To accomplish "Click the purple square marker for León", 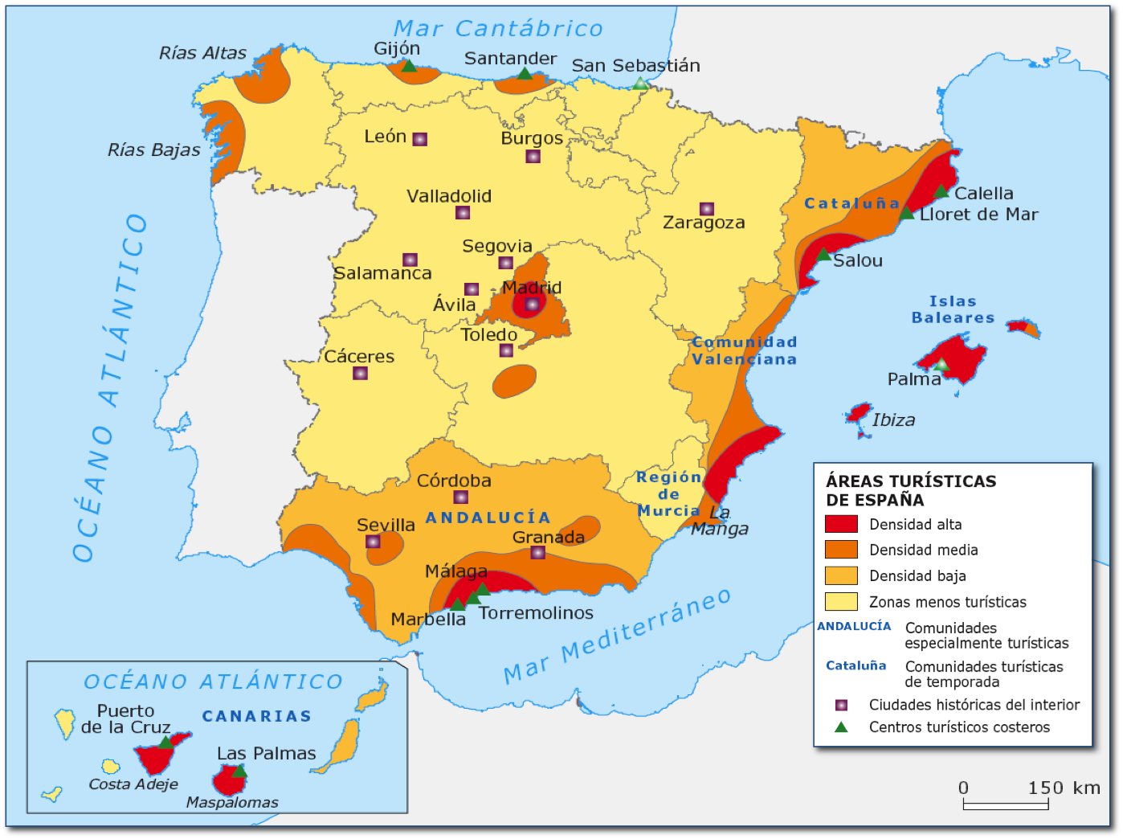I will (419, 139).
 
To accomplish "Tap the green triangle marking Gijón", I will (409, 66).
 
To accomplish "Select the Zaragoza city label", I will (704, 223).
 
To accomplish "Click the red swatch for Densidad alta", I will (841, 524).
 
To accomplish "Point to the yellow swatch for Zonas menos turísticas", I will (841, 602).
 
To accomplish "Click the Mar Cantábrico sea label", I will (498, 29).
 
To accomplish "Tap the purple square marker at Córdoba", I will (460, 497).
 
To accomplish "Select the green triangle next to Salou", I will (823, 255).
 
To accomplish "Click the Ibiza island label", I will (893, 419).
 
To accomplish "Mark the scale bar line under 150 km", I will (1006, 804).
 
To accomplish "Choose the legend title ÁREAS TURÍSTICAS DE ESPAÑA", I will (910, 490).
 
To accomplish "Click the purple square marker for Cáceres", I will (361, 374).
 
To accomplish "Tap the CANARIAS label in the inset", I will (256, 716).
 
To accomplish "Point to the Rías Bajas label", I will (154, 150).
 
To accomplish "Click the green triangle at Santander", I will (525, 74).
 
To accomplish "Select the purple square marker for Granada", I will (538, 553).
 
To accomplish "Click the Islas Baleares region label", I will (953, 309).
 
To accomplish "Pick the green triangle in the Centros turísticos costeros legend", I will (841, 727).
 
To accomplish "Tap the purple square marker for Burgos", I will (533, 157).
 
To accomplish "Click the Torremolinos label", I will (536, 613).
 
